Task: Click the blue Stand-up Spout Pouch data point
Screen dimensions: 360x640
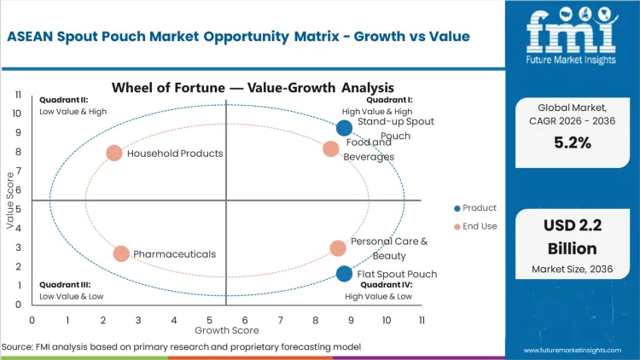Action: coord(344,128)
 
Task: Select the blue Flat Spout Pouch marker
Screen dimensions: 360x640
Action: coord(344,274)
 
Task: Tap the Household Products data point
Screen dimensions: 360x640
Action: coord(114,154)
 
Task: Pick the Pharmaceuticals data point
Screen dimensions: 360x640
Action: coord(121,254)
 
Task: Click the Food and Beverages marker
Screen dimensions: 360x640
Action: coord(331,149)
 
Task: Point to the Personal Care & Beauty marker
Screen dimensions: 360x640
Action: coord(338,248)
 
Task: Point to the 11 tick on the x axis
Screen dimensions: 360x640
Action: coord(422,320)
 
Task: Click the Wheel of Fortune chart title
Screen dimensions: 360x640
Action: coord(253,87)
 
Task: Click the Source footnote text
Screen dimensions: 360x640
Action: coord(181,347)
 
